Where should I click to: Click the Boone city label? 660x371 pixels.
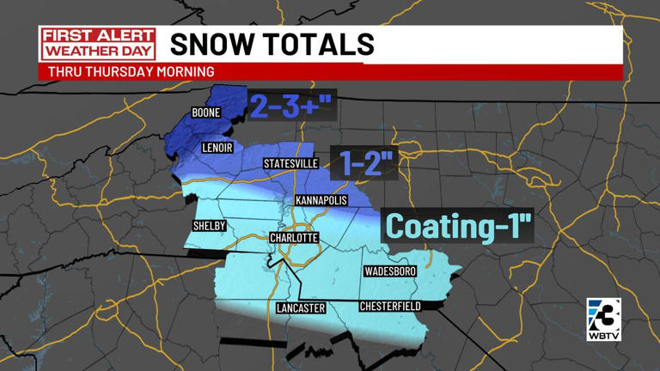point(206,113)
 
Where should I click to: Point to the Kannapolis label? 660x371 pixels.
point(321,200)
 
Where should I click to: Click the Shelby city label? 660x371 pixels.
point(208,226)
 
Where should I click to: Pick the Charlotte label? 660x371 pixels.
point(294,237)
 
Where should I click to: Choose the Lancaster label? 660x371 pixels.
point(300,307)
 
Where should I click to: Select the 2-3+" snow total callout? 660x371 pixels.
point(290,106)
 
